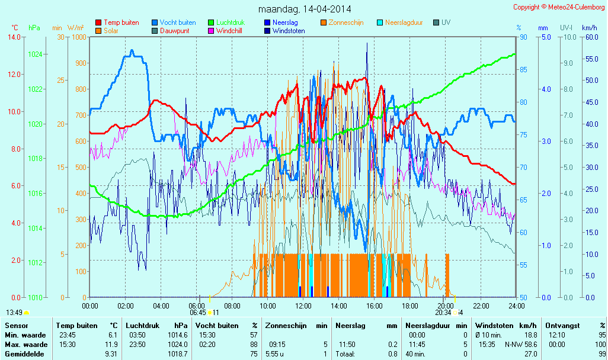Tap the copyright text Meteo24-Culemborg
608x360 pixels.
click(x=559, y=7)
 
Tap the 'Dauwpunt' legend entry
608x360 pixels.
click(x=175, y=31)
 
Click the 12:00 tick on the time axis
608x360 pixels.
click(x=303, y=306)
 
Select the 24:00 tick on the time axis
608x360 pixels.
click(x=516, y=306)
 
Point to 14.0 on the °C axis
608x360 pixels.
click(x=15, y=37)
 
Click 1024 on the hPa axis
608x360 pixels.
click(x=34, y=54)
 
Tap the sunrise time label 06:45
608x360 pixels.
click(x=197, y=313)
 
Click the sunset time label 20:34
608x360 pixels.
click(x=443, y=313)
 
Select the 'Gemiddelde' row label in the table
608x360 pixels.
click(x=24, y=353)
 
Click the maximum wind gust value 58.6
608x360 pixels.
click(x=529, y=344)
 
